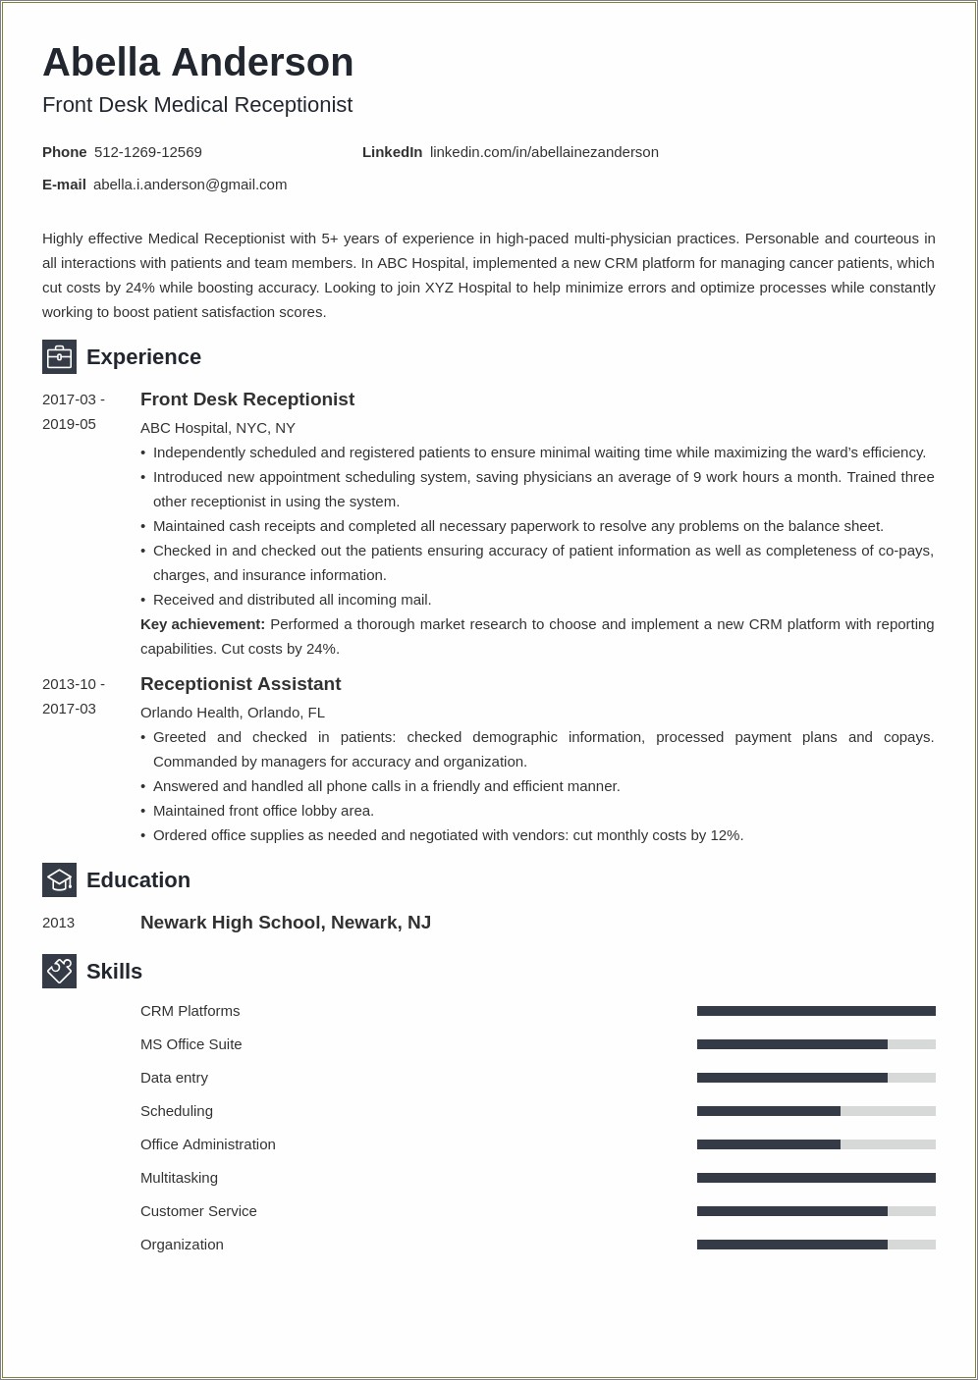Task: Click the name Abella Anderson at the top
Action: [197, 63]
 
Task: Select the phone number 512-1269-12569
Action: [148, 152]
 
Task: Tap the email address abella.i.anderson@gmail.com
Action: [190, 185]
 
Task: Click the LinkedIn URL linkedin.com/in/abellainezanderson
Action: [544, 152]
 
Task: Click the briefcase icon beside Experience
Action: [59, 356]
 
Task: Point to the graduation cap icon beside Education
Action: [59, 879]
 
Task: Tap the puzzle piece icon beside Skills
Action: [59, 971]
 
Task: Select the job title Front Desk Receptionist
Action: [247, 399]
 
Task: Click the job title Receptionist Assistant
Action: [241, 684]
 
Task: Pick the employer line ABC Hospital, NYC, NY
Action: [218, 428]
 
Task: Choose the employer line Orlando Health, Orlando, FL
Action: [233, 713]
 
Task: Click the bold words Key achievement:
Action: [202, 624]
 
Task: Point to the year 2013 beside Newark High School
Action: [59, 923]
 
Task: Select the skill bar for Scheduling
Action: [816, 1111]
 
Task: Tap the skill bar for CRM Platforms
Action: [816, 1011]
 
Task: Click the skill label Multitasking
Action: [179, 1178]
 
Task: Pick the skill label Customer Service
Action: [198, 1211]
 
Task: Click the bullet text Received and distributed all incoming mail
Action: [292, 600]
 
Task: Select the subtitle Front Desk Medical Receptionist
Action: [197, 105]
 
